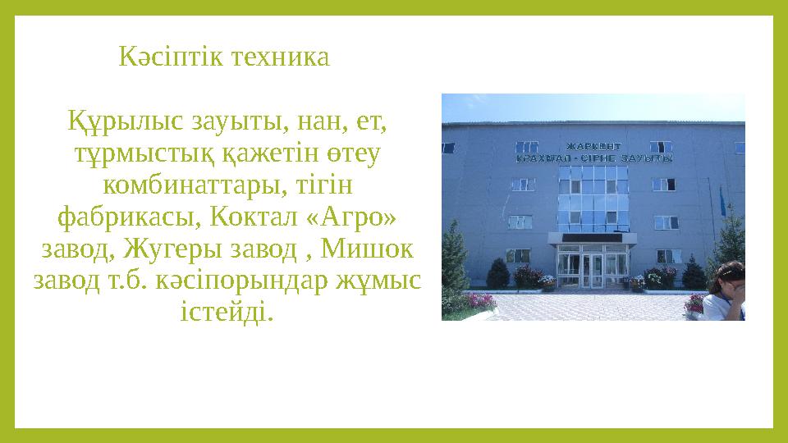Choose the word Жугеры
pos(184,249)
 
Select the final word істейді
pos(225,312)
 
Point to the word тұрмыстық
pos(120,154)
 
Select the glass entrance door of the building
pos(593,271)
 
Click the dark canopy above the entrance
pos(593,238)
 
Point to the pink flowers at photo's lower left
pos(481,301)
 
